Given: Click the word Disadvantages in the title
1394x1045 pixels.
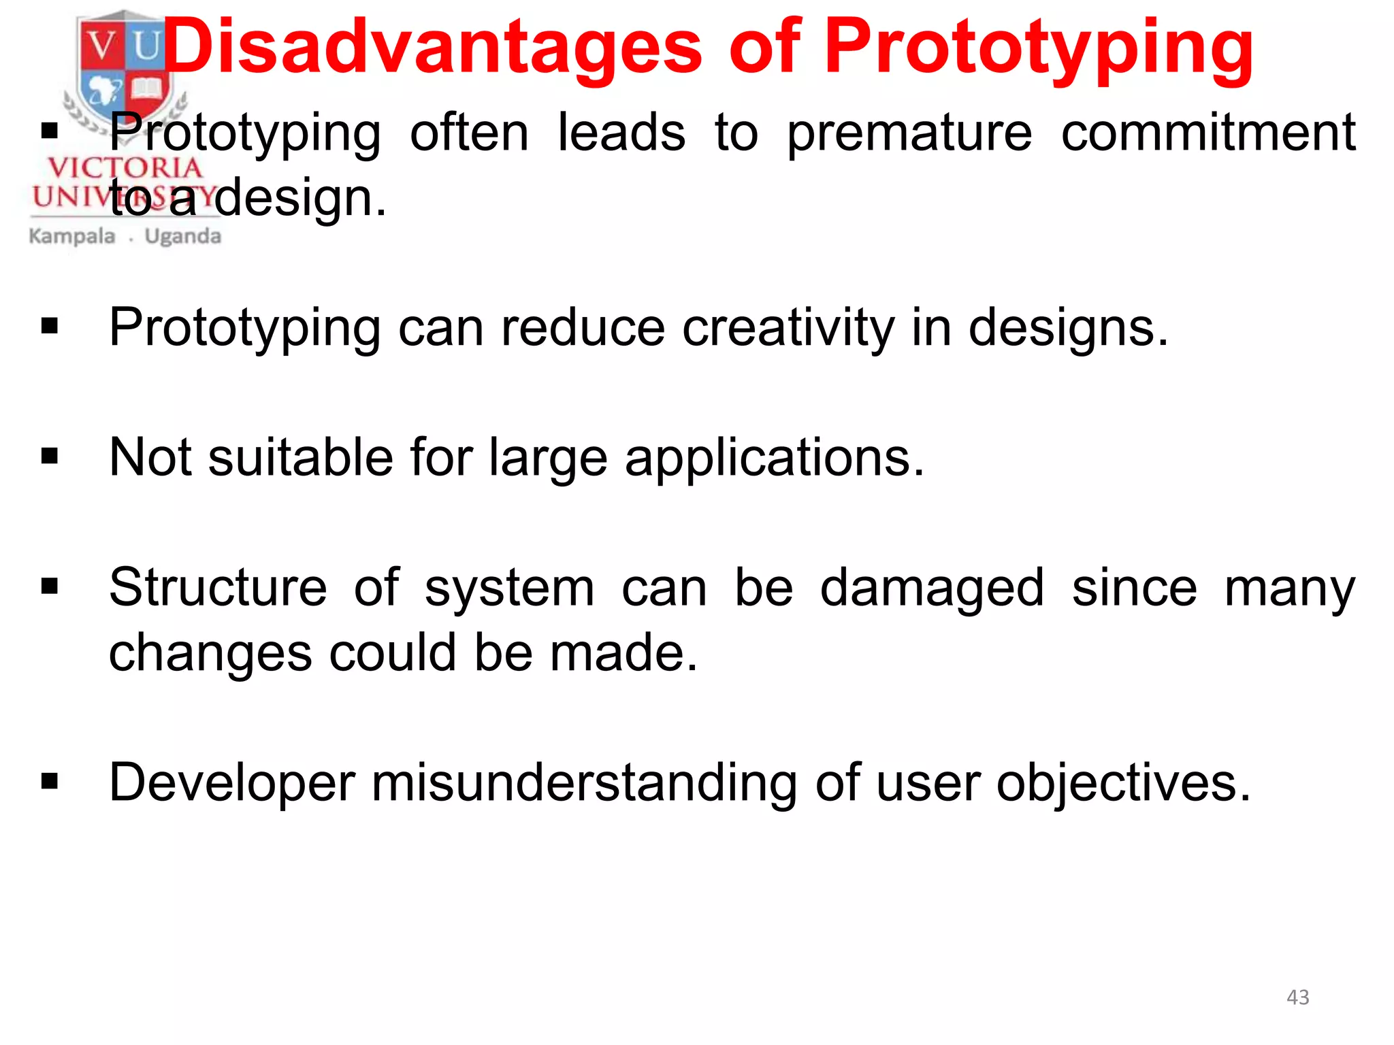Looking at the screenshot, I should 433,48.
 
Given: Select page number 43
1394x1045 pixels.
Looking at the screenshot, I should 1297,997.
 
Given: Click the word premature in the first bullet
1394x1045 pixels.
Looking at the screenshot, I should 909,133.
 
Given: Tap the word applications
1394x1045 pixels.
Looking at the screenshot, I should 775,459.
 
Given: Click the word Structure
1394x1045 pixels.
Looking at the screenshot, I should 218,588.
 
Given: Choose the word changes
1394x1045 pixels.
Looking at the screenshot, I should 210,653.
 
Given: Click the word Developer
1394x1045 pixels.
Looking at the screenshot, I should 232,784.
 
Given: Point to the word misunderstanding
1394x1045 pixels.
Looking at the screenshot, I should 584,782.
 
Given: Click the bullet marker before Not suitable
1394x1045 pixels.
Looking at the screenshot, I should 50,457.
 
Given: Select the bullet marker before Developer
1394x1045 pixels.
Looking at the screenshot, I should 50,782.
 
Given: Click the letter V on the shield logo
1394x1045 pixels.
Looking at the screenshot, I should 102,46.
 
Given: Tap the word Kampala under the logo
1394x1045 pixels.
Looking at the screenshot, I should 72,237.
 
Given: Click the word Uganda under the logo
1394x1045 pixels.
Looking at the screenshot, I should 183,237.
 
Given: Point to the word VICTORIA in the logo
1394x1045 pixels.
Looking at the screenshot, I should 125,167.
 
